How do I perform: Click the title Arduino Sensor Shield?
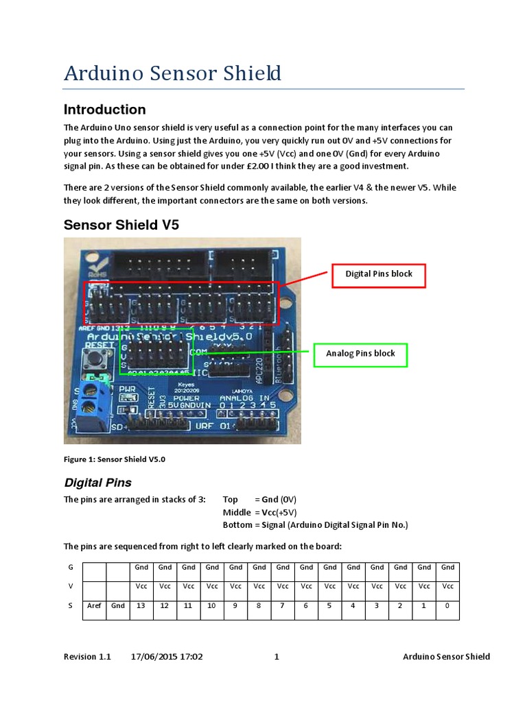click(172, 73)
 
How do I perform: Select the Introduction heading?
click(104, 110)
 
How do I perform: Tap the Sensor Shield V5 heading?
click(121, 225)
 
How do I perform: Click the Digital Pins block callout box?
click(379, 274)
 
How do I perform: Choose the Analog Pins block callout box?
click(360, 354)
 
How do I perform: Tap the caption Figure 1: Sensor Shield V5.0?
click(115, 459)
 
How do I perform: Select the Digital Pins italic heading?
click(97, 483)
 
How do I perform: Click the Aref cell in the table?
click(94, 606)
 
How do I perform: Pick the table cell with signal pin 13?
click(141, 606)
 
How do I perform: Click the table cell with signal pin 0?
click(447, 606)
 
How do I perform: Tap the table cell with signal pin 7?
click(283, 606)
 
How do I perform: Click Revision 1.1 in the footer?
click(87, 657)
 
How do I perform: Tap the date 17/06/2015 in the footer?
click(154, 657)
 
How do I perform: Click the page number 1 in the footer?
click(277, 657)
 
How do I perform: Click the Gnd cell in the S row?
click(118, 606)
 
